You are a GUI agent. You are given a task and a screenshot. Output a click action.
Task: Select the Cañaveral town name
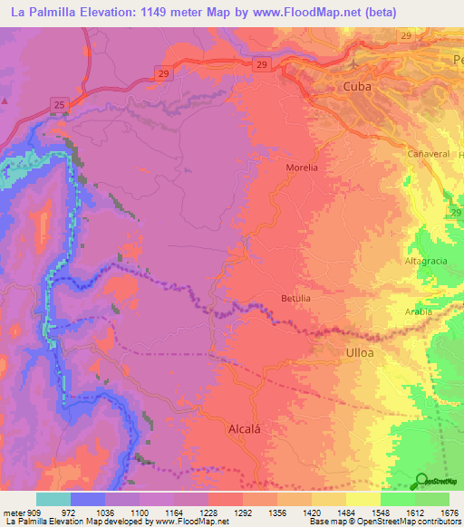point(428,154)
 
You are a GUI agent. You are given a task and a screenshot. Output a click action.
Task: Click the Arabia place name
point(418,311)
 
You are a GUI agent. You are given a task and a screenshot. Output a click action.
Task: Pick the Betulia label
point(295,298)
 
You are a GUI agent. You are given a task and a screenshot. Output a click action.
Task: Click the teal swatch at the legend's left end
point(53,499)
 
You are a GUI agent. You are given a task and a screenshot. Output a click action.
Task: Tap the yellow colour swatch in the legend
point(362,499)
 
